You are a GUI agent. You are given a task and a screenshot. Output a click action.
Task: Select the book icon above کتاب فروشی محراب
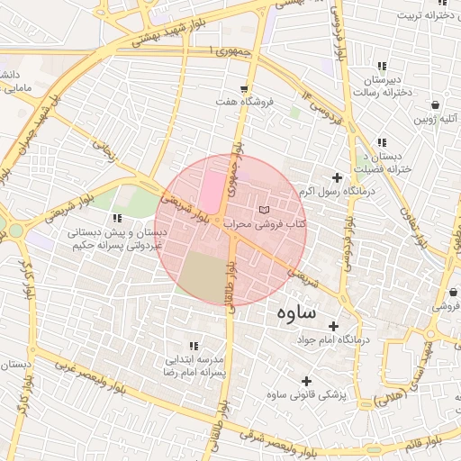pos(263,209)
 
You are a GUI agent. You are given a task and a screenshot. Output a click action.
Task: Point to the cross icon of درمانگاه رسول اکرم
pos(338,178)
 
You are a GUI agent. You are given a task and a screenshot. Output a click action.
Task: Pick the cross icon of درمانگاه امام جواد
pos(334,326)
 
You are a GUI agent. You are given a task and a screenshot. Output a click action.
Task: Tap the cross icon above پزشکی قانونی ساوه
pos(307,381)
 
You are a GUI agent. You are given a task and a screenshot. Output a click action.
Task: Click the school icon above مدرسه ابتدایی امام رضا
pos(194,345)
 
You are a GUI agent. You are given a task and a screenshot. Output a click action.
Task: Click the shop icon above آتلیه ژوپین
pos(435,104)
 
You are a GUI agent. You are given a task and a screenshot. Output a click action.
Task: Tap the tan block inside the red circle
pos(203,276)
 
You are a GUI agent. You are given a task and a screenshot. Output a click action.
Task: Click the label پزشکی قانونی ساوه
pos(313,394)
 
